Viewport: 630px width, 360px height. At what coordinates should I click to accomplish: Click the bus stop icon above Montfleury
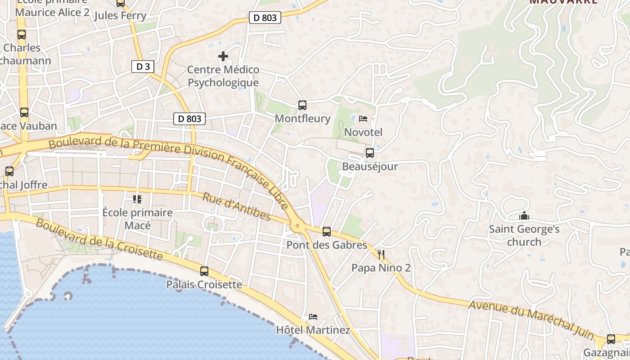(302, 105)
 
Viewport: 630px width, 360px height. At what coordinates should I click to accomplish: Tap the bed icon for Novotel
(363, 119)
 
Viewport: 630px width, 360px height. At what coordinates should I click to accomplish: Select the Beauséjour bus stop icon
(370, 153)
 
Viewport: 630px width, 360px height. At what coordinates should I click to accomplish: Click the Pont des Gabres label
(327, 245)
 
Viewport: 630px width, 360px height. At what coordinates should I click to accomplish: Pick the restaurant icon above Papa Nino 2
(381, 255)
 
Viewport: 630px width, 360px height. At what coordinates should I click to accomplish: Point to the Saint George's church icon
(524, 216)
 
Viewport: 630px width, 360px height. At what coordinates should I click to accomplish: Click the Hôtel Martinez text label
(313, 330)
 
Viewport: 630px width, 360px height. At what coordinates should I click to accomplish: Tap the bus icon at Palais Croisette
(204, 271)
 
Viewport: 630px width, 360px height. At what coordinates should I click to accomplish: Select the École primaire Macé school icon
(137, 199)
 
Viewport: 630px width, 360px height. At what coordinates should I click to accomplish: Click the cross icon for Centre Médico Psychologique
(223, 56)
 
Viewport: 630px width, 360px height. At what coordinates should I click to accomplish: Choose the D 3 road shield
(143, 67)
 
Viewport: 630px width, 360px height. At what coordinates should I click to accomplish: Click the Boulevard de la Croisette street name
(99, 240)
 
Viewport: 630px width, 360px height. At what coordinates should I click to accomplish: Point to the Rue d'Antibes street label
(237, 207)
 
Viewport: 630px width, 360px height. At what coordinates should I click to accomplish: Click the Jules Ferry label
(120, 16)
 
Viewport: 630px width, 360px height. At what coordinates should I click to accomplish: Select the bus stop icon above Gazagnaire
(611, 339)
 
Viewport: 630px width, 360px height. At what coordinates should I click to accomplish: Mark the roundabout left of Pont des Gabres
(297, 226)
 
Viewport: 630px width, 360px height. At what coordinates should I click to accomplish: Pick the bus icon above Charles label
(22, 35)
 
